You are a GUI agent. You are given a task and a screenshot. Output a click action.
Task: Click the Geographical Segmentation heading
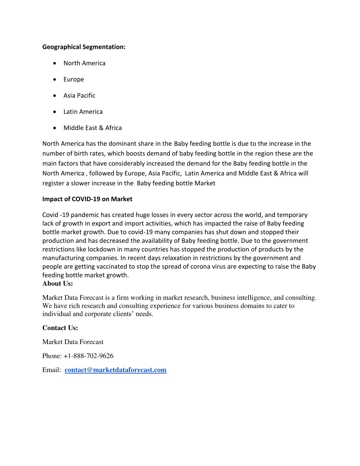tap(84, 47)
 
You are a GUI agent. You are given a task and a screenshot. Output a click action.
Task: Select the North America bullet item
tap(84, 63)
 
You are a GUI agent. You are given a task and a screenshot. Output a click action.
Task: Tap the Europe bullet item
tap(73, 79)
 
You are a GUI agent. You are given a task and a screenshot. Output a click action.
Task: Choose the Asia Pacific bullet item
tap(79, 95)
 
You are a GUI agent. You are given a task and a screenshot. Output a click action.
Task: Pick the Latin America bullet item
tap(83, 111)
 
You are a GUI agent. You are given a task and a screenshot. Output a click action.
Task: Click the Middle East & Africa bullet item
tap(92, 128)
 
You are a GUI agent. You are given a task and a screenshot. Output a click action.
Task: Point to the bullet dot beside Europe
tap(54, 79)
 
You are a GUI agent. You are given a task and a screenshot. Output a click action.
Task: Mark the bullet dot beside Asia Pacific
tap(54, 96)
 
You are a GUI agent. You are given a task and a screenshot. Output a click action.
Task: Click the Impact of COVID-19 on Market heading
tap(87, 199)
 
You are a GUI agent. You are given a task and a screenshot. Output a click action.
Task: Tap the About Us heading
tap(58, 283)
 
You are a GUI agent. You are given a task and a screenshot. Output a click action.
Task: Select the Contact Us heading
tap(60, 328)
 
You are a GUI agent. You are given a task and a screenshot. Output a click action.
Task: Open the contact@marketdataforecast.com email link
tap(115, 370)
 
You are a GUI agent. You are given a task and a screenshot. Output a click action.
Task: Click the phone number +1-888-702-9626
tap(88, 356)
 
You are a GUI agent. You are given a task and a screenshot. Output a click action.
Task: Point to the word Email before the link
tap(51, 370)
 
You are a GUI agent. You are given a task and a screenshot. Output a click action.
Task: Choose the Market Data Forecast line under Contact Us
tap(73, 342)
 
